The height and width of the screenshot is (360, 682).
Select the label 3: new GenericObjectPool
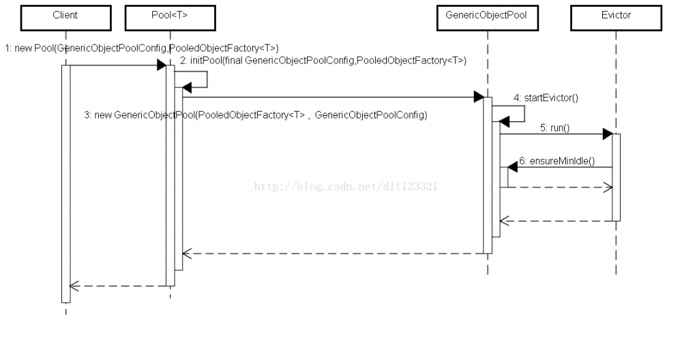click(x=255, y=115)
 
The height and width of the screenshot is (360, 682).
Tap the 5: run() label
click(x=554, y=127)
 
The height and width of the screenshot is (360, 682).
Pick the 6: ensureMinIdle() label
click(x=556, y=162)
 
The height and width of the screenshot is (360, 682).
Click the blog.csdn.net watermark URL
click(x=346, y=186)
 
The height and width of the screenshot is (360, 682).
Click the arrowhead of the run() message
click(x=607, y=134)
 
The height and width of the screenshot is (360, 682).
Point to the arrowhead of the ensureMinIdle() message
click(x=505, y=167)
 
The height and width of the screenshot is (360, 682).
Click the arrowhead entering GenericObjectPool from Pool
click(x=479, y=97)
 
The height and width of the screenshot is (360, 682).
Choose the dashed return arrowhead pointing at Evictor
click(x=608, y=187)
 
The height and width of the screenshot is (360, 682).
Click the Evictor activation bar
click(x=616, y=177)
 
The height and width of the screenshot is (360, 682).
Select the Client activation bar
click(x=65, y=184)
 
